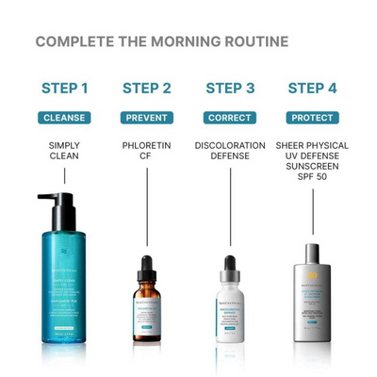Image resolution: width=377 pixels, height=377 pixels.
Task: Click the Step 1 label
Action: (65, 89)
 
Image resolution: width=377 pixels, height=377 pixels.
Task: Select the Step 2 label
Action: (147, 89)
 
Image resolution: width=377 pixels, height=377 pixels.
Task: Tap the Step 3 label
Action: (230, 89)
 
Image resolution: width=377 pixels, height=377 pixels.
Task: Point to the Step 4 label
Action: (312, 89)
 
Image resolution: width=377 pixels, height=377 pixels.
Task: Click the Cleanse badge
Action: (65, 118)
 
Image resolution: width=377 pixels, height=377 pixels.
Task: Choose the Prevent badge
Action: (147, 118)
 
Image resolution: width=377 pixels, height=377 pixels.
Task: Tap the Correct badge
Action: (230, 118)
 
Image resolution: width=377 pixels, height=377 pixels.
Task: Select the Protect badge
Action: (312, 118)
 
